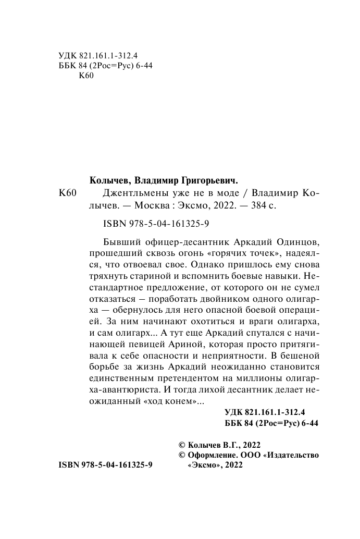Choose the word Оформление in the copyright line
[213, 456]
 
